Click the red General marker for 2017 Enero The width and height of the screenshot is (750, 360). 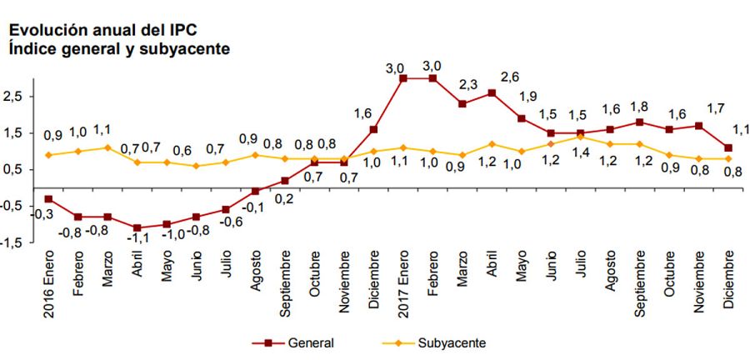(x=403, y=78)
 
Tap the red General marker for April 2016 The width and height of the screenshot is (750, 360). (x=137, y=227)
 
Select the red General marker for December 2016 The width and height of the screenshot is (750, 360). (x=373, y=129)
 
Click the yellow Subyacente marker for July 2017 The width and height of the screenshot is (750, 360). (x=580, y=137)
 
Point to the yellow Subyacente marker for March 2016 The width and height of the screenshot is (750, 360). (x=107, y=147)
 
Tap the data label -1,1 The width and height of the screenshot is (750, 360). (x=136, y=242)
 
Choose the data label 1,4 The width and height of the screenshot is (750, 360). (x=580, y=152)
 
